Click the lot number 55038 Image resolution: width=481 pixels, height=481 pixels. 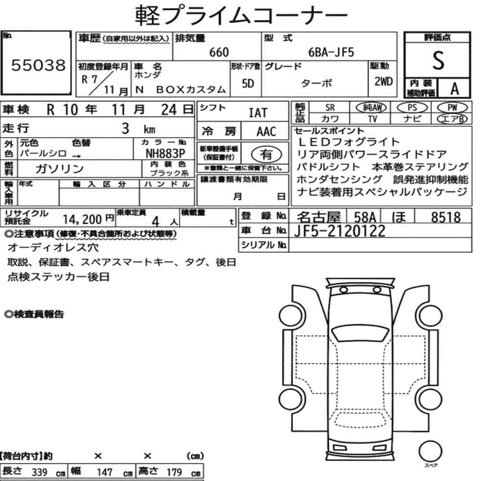[x=38, y=66]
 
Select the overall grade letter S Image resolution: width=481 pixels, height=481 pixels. [x=438, y=60]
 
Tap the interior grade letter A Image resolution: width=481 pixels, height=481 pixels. [x=454, y=89]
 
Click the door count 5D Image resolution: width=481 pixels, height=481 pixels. [x=248, y=84]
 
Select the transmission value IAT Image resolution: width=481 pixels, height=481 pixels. [x=258, y=113]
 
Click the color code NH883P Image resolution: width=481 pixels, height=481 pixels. [x=165, y=153]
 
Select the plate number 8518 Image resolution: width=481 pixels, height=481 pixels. [x=445, y=217]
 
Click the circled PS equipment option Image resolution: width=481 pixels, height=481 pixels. [x=412, y=108]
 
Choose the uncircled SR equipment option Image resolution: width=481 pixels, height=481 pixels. [x=330, y=108]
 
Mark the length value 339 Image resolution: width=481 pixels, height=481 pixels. [x=39, y=472]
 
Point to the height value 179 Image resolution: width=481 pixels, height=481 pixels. [x=174, y=472]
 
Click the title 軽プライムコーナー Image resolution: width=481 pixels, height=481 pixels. [x=240, y=15]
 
